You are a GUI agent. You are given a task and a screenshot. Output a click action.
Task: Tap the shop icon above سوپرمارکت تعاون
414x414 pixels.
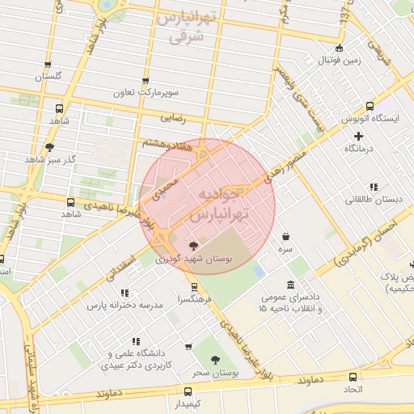tap(146, 81)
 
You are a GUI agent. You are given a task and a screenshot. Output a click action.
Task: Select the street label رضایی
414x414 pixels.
tap(174, 118)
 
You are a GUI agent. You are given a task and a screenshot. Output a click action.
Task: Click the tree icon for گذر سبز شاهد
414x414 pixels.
tap(50, 147)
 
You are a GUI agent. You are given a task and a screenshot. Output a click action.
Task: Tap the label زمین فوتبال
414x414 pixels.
tap(338, 61)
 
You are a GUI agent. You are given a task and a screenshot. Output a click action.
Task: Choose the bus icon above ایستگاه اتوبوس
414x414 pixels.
tap(370, 106)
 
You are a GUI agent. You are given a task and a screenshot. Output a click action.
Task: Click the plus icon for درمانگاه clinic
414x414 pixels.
tap(358, 136)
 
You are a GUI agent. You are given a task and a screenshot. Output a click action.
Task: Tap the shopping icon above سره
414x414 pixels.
tap(286, 237)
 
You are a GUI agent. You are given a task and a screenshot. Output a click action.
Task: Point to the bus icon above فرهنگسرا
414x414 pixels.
tap(194, 287)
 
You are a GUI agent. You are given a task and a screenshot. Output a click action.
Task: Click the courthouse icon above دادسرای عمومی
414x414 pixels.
tap(290, 285)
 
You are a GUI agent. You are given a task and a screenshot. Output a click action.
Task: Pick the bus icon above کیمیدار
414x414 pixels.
tap(178, 388)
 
